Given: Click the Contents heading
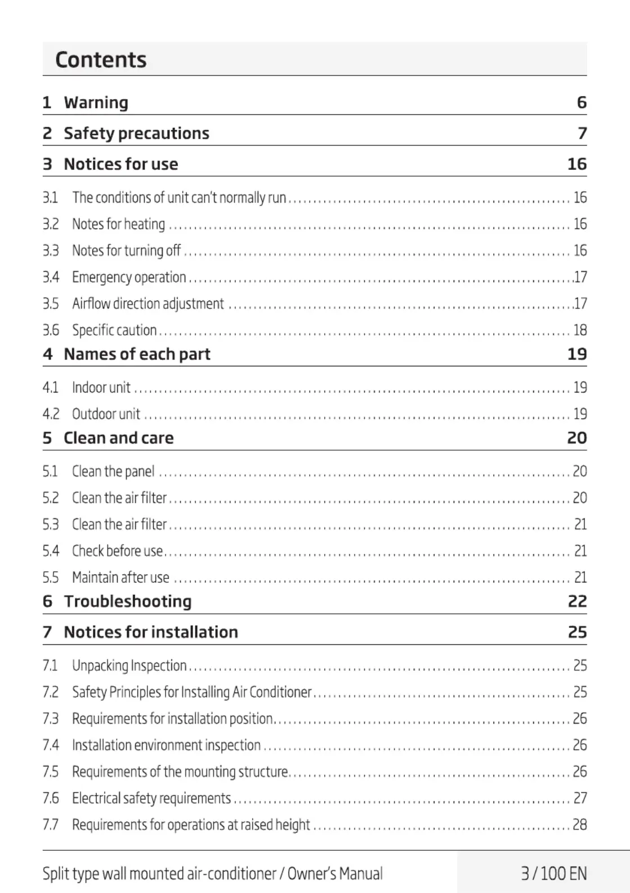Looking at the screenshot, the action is click(x=101, y=60).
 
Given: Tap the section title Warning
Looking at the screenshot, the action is click(x=96, y=102).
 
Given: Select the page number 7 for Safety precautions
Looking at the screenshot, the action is click(x=582, y=133).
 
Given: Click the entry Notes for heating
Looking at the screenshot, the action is click(x=118, y=224).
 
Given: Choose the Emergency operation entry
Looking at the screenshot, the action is click(x=129, y=277).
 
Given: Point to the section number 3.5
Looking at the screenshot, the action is click(x=51, y=304).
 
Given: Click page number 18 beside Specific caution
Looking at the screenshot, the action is click(x=580, y=330).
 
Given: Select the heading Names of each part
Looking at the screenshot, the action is click(x=137, y=354).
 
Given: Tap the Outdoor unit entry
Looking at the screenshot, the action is click(x=106, y=414).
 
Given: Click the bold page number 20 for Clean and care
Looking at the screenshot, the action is click(x=577, y=438).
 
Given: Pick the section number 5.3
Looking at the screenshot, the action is click(x=51, y=524).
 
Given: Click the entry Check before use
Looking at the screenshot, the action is click(x=117, y=550).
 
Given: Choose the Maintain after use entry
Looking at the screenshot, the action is click(x=120, y=577).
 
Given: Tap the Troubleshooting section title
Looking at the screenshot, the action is click(x=128, y=601).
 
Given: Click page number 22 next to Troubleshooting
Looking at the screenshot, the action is click(x=577, y=601).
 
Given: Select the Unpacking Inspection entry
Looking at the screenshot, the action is click(x=129, y=665).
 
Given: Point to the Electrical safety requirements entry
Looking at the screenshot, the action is click(x=151, y=798).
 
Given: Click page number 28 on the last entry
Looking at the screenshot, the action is click(x=580, y=824).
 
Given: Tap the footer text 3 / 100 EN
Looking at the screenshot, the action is click(x=554, y=873).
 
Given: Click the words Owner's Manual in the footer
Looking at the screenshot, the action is click(x=335, y=873).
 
